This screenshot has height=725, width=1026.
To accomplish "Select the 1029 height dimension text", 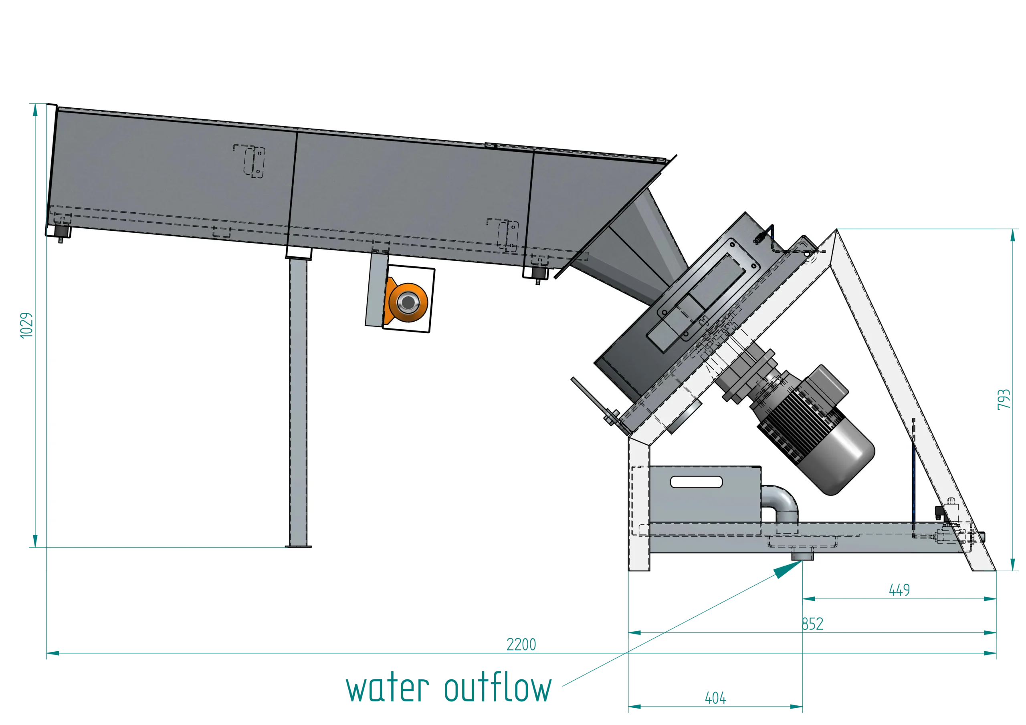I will (x=27, y=325).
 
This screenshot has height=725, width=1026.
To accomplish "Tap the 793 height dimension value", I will (x=1004, y=399).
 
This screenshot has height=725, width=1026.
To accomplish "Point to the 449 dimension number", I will (x=899, y=590).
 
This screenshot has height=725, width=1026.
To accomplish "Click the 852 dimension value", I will (x=812, y=624).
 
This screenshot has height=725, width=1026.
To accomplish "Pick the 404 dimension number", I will (x=715, y=697).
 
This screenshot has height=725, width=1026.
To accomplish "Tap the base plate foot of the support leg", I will (x=298, y=546).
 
